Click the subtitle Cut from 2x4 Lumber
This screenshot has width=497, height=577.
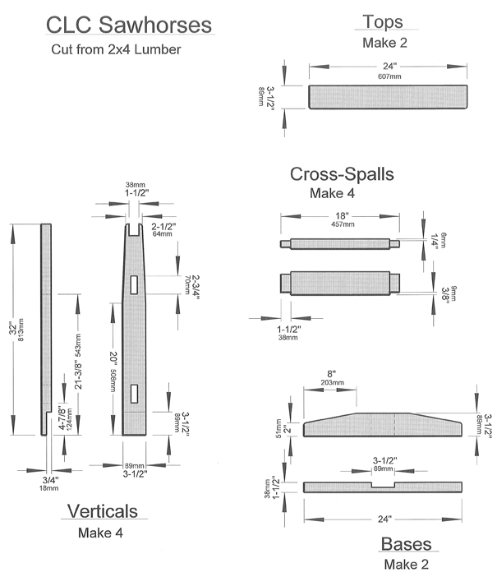point(115,49)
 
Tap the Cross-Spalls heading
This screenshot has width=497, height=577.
point(341,174)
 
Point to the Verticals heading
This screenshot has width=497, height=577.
point(102,511)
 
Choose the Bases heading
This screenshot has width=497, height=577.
point(406,544)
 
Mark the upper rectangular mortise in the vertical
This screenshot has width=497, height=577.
point(133,284)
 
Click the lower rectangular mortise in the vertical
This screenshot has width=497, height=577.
point(133,394)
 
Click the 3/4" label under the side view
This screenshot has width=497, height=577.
point(48,479)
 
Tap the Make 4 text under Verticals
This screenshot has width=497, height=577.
point(100,533)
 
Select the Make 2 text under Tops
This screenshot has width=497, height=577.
point(384,42)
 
